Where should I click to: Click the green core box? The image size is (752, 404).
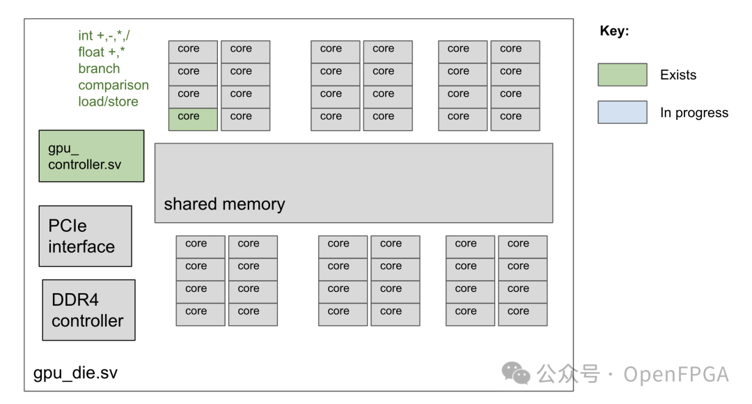click(193, 119)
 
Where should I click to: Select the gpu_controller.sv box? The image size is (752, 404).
click(91, 156)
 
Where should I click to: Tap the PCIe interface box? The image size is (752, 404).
click(85, 236)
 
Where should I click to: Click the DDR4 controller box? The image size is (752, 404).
click(88, 310)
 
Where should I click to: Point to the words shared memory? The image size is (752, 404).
click(224, 204)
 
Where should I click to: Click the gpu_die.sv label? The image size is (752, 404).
click(75, 373)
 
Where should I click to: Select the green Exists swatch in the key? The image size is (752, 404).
click(622, 75)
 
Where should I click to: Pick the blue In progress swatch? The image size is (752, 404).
click(622, 112)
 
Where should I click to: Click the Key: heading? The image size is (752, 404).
click(614, 31)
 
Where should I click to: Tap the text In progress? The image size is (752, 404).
click(694, 113)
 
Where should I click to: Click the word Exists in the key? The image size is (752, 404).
click(677, 75)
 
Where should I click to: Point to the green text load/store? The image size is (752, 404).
click(108, 102)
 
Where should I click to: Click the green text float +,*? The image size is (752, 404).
click(102, 52)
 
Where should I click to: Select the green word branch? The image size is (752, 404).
click(99, 69)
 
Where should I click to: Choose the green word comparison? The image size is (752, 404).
click(113, 85)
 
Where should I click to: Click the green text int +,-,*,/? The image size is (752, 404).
click(104, 36)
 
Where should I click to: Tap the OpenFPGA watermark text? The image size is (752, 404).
click(675, 374)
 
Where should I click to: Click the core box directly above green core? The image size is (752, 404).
click(193, 97)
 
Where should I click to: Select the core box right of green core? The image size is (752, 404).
click(245, 119)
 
